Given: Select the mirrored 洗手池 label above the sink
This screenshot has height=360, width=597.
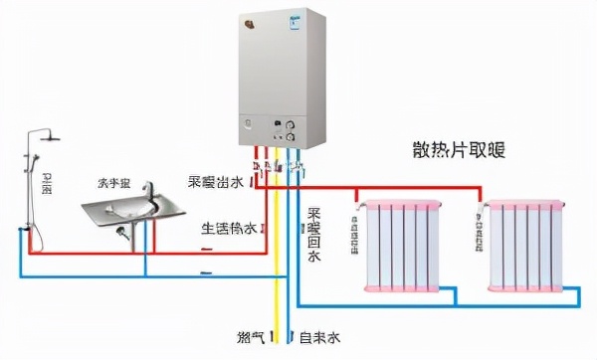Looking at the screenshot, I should (x=113, y=184).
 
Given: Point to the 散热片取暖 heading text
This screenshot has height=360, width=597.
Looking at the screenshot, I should (x=458, y=151).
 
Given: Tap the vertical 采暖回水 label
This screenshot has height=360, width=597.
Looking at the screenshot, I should (x=314, y=234).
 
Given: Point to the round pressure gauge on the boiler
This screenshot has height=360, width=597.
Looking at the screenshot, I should (x=291, y=129).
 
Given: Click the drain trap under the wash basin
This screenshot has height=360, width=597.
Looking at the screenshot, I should (x=123, y=235).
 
